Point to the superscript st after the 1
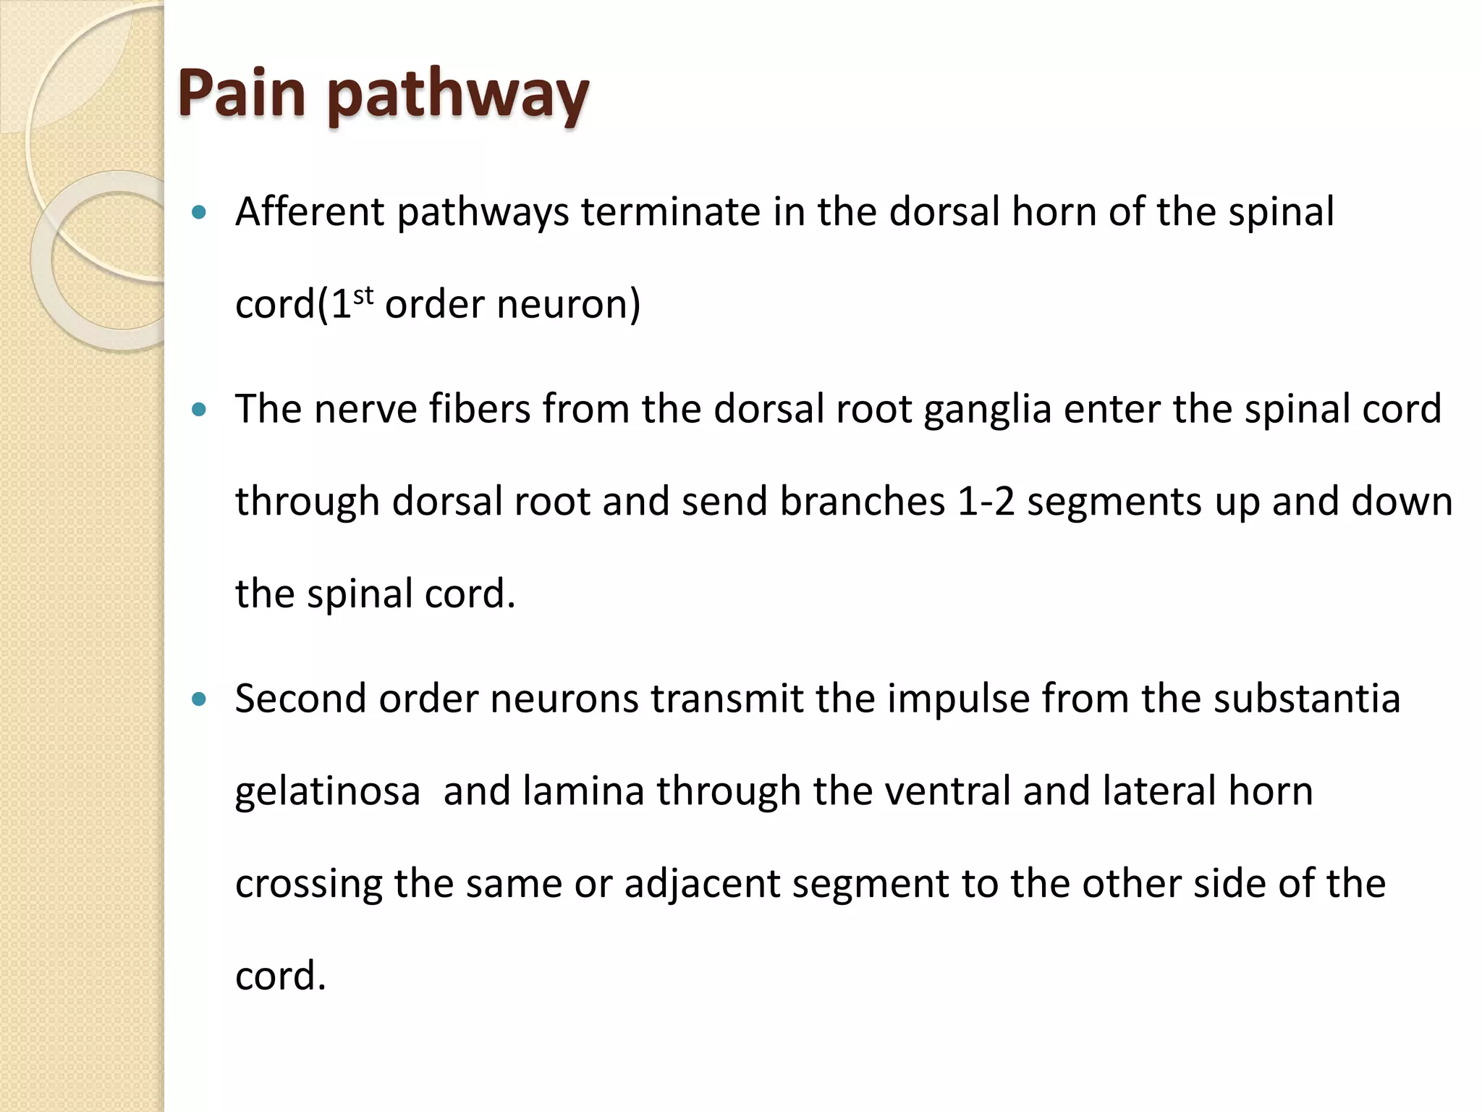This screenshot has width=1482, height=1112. pyautogui.click(x=363, y=295)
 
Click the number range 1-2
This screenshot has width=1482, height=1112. pyautogui.click(x=986, y=501)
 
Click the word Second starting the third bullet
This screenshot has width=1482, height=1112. pyautogui.click(x=301, y=699)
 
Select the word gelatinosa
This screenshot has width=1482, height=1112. pyautogui.click(x=328, y=791)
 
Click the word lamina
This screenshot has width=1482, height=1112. pyautogui.click(x=583, y=791)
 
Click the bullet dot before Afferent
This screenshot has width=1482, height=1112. pyautogui.click(x=200, y=213)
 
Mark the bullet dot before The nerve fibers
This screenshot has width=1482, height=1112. pyautogui.click(x=200, y=410)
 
